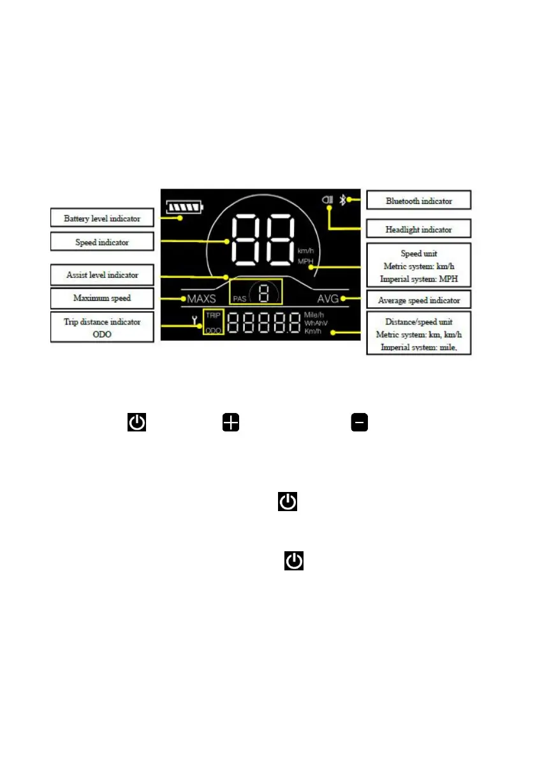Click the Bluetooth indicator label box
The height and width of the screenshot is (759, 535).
pyautogui.click(x=418, y=201)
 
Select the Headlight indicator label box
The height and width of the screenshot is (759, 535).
pyautogui.click(x=418, y=229)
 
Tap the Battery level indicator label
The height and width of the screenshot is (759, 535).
pyautogui.click(x=102, y=218)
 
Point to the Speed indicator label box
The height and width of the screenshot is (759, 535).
pyautogui.click(x=102, y=242)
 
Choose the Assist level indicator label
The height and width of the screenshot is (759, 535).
pyautogui.click(x=102, y=275)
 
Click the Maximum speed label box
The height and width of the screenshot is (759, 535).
pyautogui.click(x=102, y=298)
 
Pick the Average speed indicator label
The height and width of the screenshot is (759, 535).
pyautogui.click(x=419, y=300)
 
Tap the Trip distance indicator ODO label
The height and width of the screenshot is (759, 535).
pyautogui.click(x=102, y=327)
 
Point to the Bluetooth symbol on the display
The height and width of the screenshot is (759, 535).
pyautogui.click(x=342, y=200)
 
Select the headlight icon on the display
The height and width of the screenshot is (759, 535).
pyautogui.click(x=328, y=200)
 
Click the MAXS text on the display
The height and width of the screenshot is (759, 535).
pyautogui.click(x=202, y=298)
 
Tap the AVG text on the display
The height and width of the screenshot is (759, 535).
pyautogui.click(x=328, y=298)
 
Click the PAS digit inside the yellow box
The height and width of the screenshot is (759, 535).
pyautogui.click(x=263, y=294)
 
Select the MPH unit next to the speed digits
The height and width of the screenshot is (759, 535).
pyautogui.click(x=305, y=261)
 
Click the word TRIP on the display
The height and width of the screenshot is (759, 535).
pyautogui.click(x=212, y=315)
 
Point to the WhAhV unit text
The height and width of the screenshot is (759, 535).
pyautogui.click(x=316, y=323)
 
